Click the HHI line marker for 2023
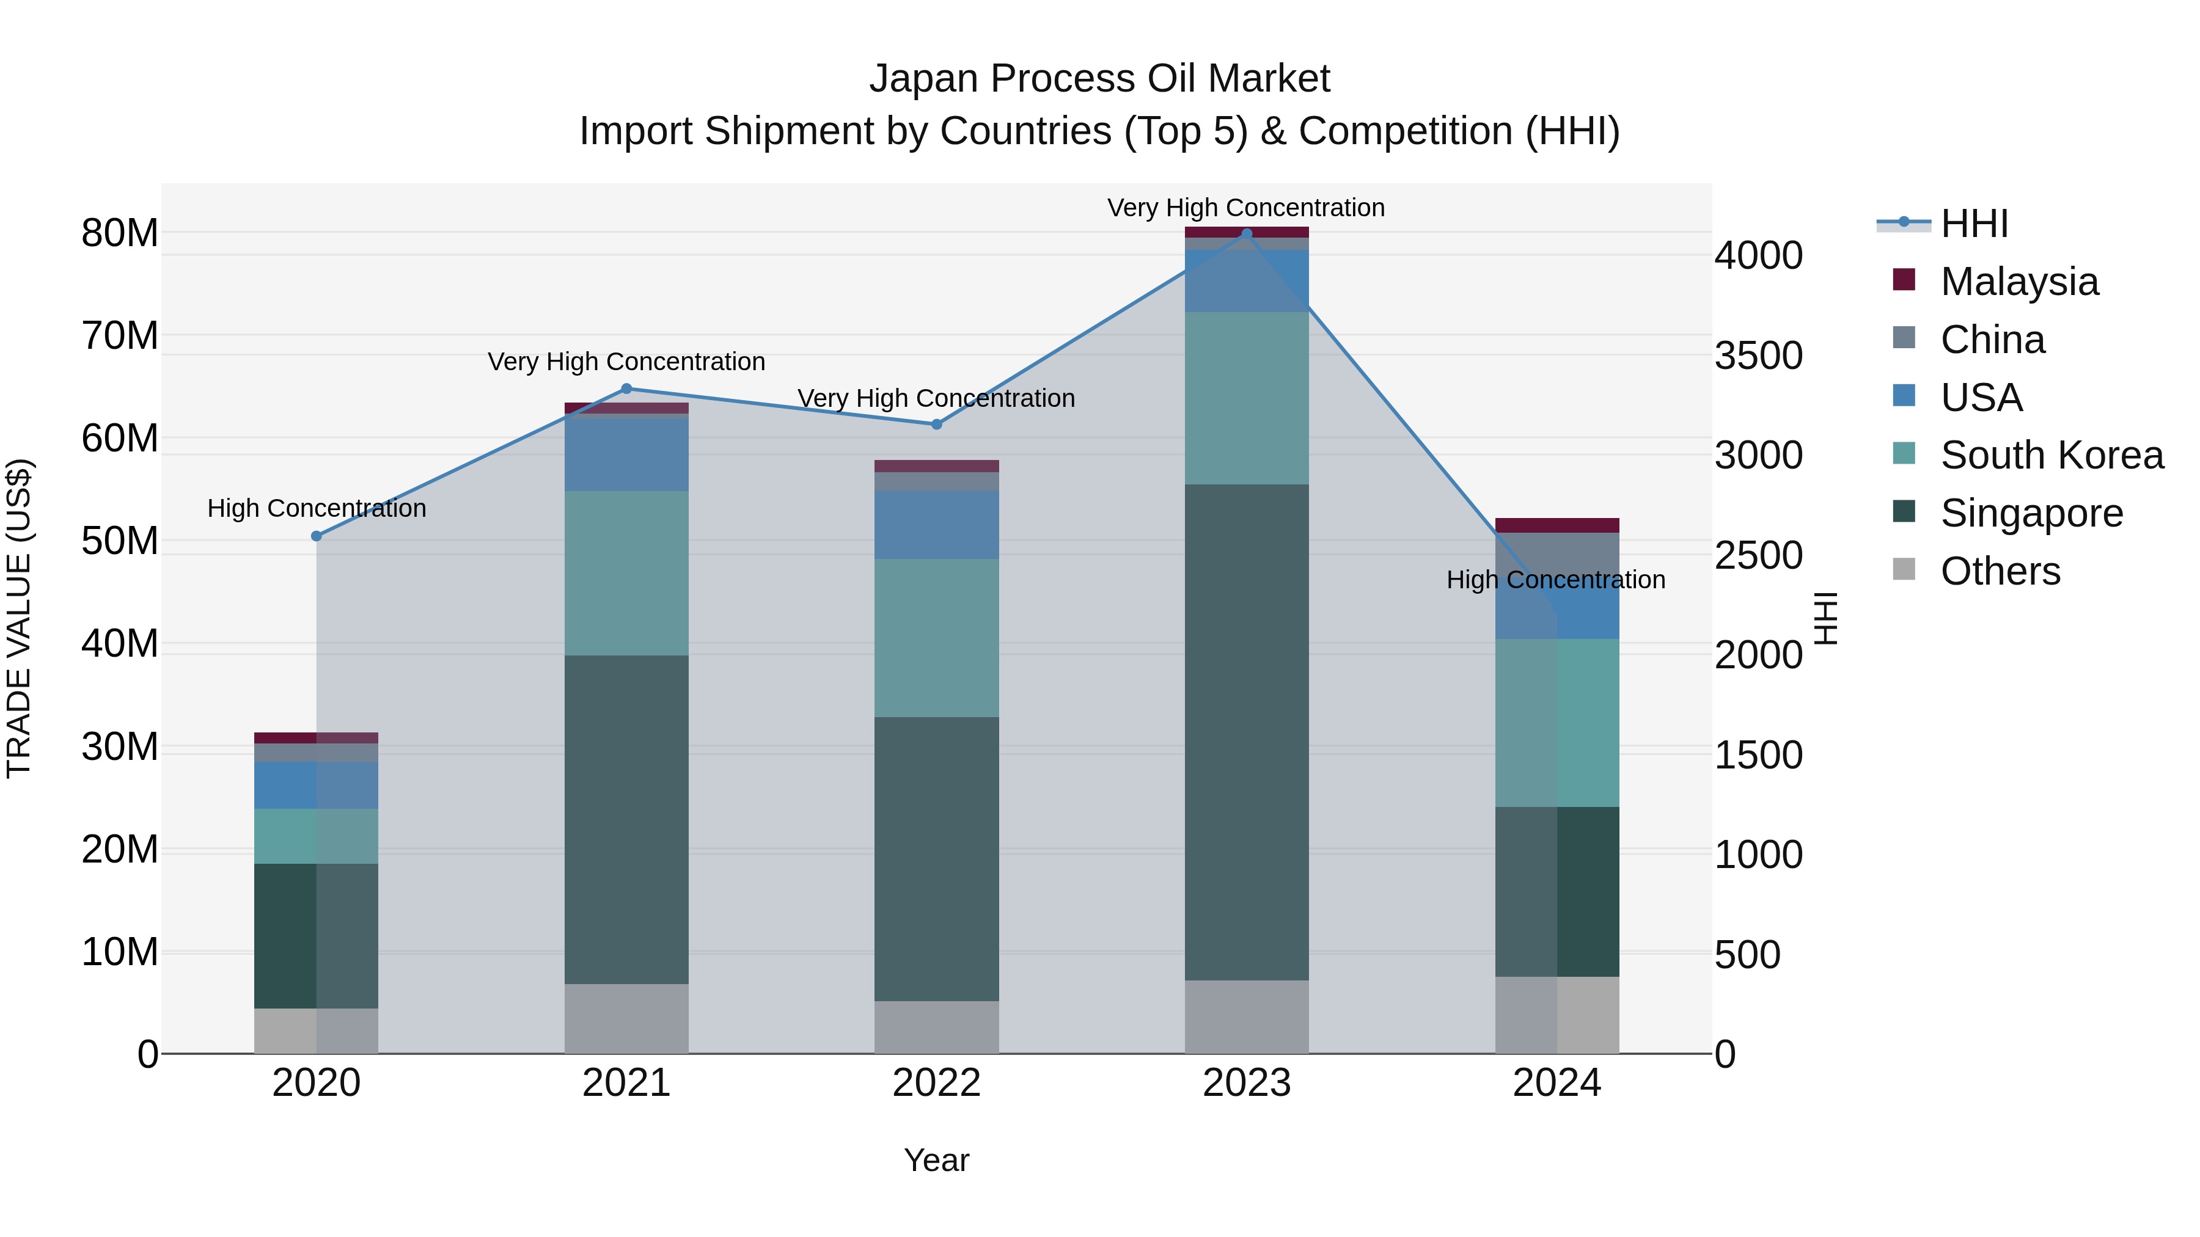point(1246,234)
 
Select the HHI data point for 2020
point(316,536)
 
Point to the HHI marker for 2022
point(936,425)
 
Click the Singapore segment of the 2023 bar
point(1246,732)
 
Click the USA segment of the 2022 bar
point(936,524)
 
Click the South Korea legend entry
point(2051,455)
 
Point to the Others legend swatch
point(1904,569)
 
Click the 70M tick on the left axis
point(120,335)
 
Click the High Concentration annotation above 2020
point(316,508)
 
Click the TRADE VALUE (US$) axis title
point(19,618)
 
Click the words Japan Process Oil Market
point(1099,79)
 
